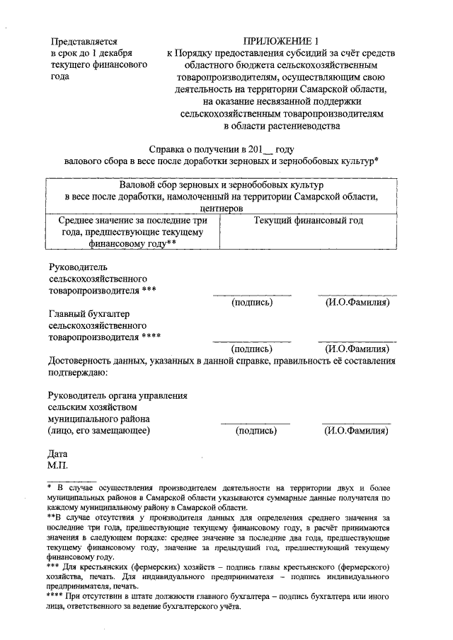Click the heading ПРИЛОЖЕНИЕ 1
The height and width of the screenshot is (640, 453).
[282, 41]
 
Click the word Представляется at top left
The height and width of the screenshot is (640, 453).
[83, 41]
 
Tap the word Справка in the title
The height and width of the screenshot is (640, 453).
[170, 150]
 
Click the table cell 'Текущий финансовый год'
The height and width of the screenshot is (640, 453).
[308, 221]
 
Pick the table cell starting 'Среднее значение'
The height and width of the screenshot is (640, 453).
[132, 231]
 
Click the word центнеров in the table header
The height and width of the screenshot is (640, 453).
[222, 209]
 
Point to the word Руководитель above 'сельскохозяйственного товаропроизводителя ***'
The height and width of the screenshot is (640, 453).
[77, 267]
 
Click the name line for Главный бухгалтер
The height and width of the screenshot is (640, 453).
[356, 341]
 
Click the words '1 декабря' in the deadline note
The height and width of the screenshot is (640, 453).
[113, 53]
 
